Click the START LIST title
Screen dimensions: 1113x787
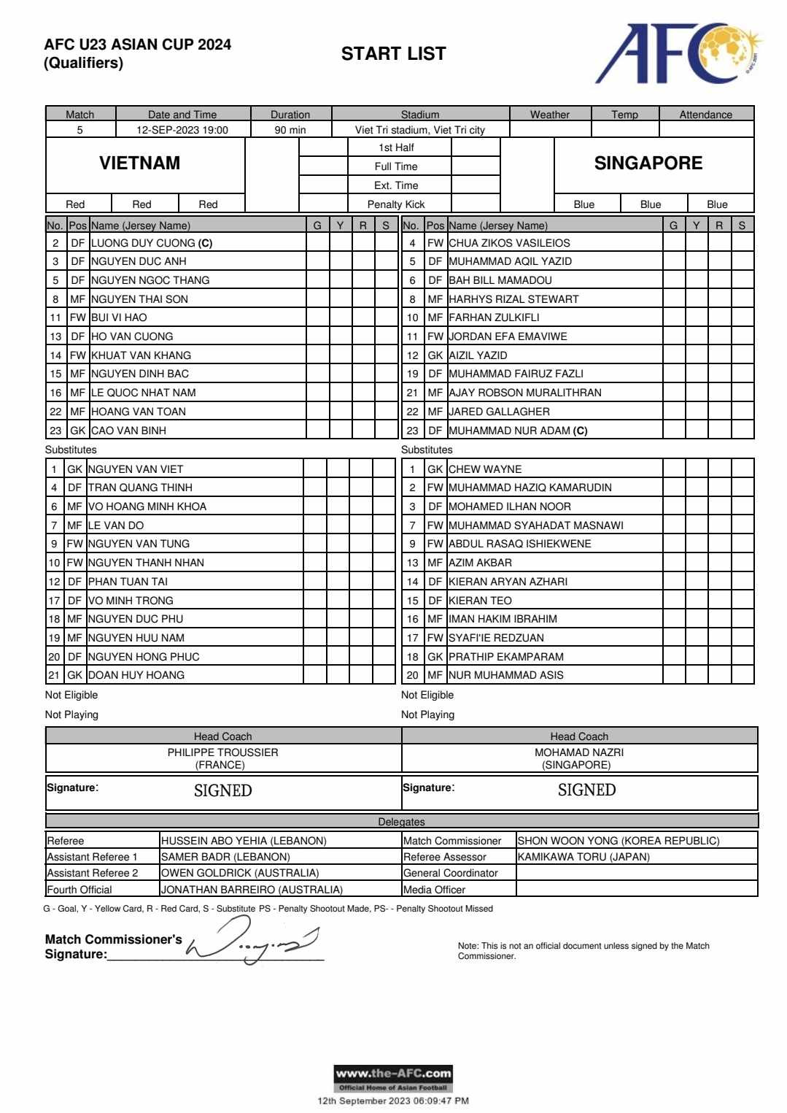pyautogui.click(x=393, y=53)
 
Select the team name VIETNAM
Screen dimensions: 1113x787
pyautogui.click(x=139, y=163)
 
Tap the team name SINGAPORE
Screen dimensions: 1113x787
pyautogui.click(x=648, y=163)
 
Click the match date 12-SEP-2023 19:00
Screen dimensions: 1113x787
pyautogui.click(x=182, y=130)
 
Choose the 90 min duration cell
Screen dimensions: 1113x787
pyautogui.click(x=290, y=130)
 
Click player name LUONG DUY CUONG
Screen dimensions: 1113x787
pyautogui.click(x=143, y=243)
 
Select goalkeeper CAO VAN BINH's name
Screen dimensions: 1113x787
pyautogui.click(x=128, y=431)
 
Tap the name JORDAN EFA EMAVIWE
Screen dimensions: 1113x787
pyautogui.click(x=508, y=336)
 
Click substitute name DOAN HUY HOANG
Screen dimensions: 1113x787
pyautogui.click(x=136, y=675)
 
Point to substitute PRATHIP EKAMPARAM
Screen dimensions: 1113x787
pyautogui.click(x=505, y=656)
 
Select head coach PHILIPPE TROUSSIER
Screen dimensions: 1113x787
pyautogui.click(x=222, y=752)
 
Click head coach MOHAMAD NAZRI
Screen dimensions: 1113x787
pyautogui.click(x=579, y=752)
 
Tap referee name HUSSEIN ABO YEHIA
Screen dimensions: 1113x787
pyautogui.click(x=244, y=841)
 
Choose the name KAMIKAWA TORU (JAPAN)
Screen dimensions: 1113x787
pyautogui.click(x=584, y=857)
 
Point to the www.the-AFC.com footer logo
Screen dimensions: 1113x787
pyautogui.click(x=393, y=1078)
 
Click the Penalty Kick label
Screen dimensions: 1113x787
pyautogui.click(x=396, y=204)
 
